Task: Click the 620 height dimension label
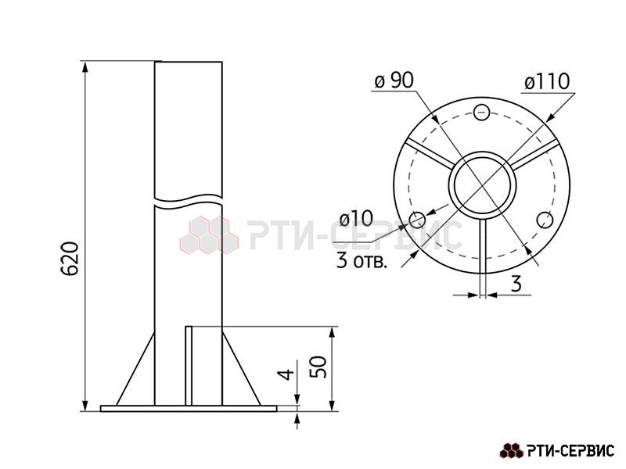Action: click(70, 258)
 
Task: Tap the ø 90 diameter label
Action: click(394, 81)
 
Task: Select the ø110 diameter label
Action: click(547, 82)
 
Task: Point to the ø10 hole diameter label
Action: click(356, 219)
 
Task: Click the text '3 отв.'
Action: click(362, 262)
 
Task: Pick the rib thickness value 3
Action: click(516, 284)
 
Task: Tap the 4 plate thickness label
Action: click(286, 374)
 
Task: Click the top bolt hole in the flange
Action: click(481, 112)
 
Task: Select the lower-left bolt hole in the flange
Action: click(418, 220)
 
